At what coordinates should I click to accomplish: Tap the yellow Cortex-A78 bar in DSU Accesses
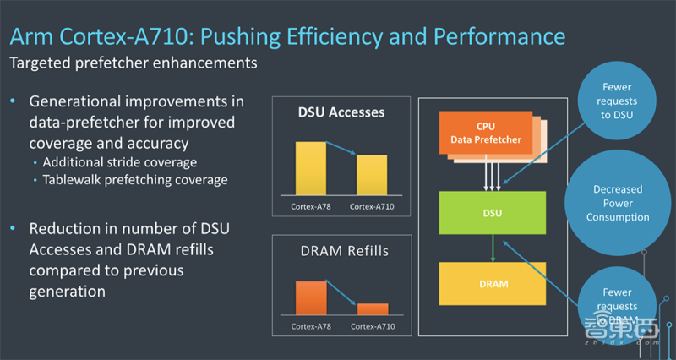coord(309,169)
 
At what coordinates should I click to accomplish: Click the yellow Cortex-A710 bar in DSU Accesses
coord(371,176)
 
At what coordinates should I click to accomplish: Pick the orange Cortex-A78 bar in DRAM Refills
coord(309,298)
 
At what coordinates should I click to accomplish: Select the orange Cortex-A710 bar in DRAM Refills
coord(371,309)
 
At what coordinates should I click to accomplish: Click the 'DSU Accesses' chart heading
coord(341,112)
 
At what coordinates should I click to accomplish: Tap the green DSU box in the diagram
coord(492,213)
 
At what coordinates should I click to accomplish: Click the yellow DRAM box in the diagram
coord(492,283)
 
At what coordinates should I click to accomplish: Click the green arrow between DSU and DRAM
coord(492,248)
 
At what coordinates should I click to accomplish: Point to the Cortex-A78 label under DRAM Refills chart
coord(311,326)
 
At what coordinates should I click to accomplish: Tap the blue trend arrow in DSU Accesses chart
coord(341,150)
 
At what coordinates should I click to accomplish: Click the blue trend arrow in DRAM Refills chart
coord(341,293)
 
